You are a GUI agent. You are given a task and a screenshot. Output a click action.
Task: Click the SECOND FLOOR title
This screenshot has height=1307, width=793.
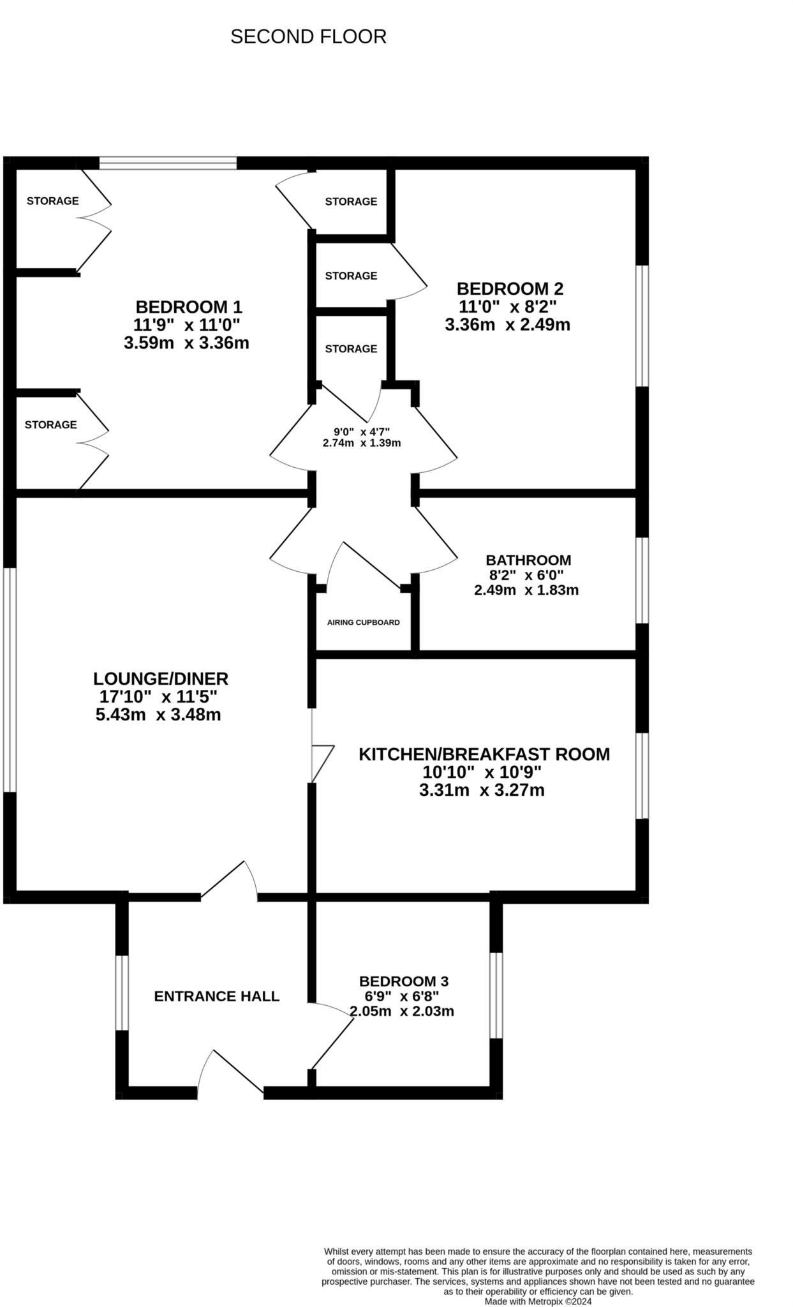308,37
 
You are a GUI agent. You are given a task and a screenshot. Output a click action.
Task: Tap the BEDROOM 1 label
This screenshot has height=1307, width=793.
189,307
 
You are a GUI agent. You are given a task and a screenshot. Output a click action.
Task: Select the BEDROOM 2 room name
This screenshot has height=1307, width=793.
510,288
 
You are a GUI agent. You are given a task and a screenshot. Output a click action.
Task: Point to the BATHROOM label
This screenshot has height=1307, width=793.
528,560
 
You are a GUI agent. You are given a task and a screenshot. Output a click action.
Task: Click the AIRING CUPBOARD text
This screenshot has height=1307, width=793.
363,622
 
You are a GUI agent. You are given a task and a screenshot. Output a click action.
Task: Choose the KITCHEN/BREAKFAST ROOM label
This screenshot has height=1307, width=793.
484,754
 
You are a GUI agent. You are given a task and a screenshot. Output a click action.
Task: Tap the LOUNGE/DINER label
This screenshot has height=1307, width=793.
161,678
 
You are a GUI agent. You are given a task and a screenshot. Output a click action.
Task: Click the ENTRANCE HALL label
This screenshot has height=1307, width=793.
217,996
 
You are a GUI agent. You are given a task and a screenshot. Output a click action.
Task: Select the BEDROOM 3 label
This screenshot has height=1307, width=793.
404,981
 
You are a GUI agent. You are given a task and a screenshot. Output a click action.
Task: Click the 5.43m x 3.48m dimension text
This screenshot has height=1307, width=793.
158,715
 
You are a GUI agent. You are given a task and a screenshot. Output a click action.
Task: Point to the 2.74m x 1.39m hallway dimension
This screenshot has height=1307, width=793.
362,443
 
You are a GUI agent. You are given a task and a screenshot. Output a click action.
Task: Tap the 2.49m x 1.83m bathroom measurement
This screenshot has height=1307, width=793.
526,590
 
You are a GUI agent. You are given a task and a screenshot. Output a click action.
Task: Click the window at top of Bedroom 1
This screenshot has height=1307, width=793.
168,163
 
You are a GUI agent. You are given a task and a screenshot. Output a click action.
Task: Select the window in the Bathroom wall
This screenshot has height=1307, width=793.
642,580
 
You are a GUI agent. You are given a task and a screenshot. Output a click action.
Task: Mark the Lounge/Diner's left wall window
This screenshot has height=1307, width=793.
9,680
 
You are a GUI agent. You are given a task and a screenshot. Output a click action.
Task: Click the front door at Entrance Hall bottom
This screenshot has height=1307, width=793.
230,1078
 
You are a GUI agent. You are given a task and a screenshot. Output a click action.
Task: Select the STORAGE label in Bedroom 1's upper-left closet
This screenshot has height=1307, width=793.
52,201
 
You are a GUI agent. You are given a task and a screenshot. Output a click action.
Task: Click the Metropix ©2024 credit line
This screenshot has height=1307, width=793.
538,1301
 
